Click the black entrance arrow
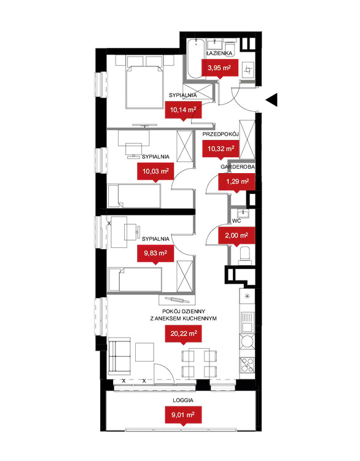tap(273, 99)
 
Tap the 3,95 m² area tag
tap(219, 69)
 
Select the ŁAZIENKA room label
tap(219, 53)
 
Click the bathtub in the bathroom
tap(196, 59)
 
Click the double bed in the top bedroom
tap(144, 87)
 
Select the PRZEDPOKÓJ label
tap(220, 134)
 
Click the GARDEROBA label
tap(238, 167)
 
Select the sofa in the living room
tap(119, 356)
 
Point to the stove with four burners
tap(247, 365)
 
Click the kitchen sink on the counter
tap(247, 322)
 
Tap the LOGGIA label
tap(183, 400)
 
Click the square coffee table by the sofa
tap(144, 352)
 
